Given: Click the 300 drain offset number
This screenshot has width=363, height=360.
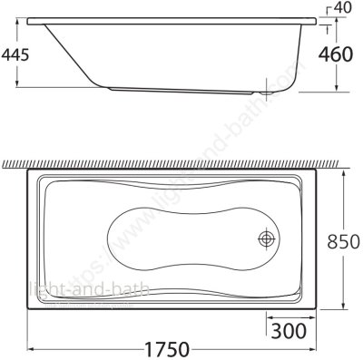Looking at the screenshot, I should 287,330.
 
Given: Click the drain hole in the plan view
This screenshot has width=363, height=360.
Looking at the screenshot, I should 267,238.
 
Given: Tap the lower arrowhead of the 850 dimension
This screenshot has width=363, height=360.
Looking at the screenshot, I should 343,309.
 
